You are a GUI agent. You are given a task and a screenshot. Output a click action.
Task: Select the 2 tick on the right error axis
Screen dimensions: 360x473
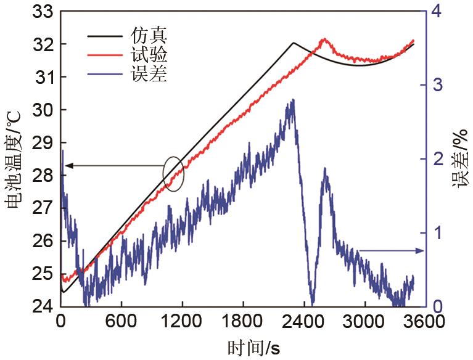point(437,159)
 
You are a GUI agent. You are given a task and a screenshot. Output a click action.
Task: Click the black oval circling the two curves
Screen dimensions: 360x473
point(174,174)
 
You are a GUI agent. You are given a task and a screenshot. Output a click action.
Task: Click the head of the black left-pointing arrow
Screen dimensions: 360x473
point(67,165)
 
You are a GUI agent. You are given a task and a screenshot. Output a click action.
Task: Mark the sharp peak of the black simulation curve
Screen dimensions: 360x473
point(294,43)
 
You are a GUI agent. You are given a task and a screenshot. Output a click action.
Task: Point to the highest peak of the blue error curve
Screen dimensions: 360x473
point(292,100)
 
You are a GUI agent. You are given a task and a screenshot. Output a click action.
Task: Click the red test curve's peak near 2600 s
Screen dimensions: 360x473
point(324,39)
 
